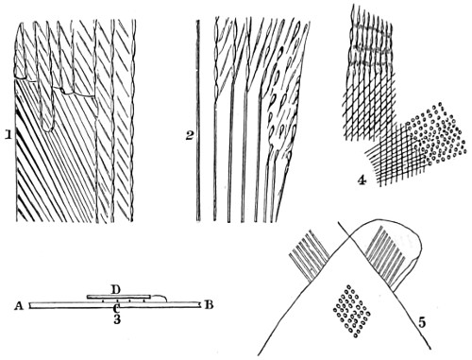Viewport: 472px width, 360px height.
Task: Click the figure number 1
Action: (x=8, y=135)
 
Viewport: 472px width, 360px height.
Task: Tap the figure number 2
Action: (x=189, y=136)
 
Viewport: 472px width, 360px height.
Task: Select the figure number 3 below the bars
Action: (x=117, y=319)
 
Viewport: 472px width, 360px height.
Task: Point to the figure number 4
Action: (x=362, y=180)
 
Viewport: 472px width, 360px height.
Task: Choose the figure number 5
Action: (x=422, y=322)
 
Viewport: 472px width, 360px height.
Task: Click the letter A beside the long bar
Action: (x=19, y=305)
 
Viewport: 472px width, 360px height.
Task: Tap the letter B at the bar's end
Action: (x=208, y=305)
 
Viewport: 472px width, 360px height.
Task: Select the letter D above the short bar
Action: (x=116, y=289)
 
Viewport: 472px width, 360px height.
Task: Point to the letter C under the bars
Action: (x=116, y=308)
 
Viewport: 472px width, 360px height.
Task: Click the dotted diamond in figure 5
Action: (x=352, y=311)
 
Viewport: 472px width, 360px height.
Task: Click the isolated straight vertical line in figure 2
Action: (x=198, y=120)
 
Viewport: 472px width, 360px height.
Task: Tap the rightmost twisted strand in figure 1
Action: (x=133, y=120)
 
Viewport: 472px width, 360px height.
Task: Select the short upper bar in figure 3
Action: (x=119, y=297)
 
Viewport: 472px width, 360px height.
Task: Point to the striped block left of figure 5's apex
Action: (x=309, y=254)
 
